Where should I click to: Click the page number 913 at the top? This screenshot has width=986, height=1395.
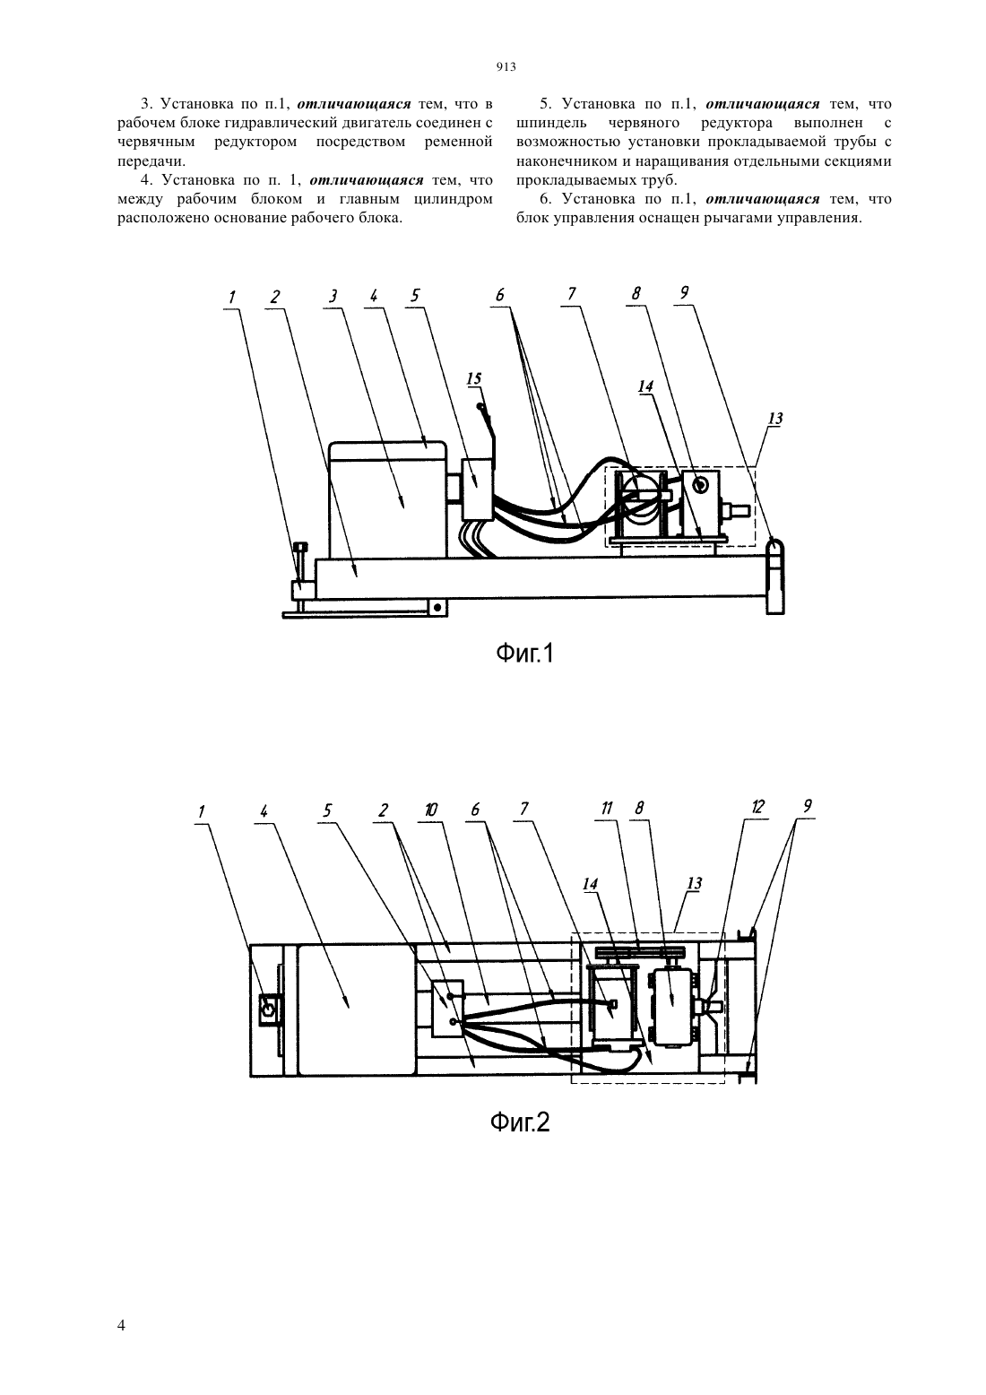click(506, 67)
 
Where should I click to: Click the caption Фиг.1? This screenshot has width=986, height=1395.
click(524, 654)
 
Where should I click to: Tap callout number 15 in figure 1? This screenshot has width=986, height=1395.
click(473, 378)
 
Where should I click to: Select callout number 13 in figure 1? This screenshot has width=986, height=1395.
click(775, 419)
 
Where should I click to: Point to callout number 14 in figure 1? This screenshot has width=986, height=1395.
click(645, 386)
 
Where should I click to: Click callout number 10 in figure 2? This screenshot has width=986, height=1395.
click(430, 810)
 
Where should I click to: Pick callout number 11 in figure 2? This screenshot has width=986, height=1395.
click(607, 808)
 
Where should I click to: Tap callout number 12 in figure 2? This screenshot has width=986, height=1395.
click(757, 807)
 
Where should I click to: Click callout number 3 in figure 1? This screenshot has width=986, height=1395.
click(333, 296)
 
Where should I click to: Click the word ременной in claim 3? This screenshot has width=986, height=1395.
click(458, 142)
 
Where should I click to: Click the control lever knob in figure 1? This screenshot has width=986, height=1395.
click(480, 407)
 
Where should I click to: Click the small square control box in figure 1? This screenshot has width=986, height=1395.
click(478, 490)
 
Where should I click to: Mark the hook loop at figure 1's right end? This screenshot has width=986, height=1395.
click(774, 548)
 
